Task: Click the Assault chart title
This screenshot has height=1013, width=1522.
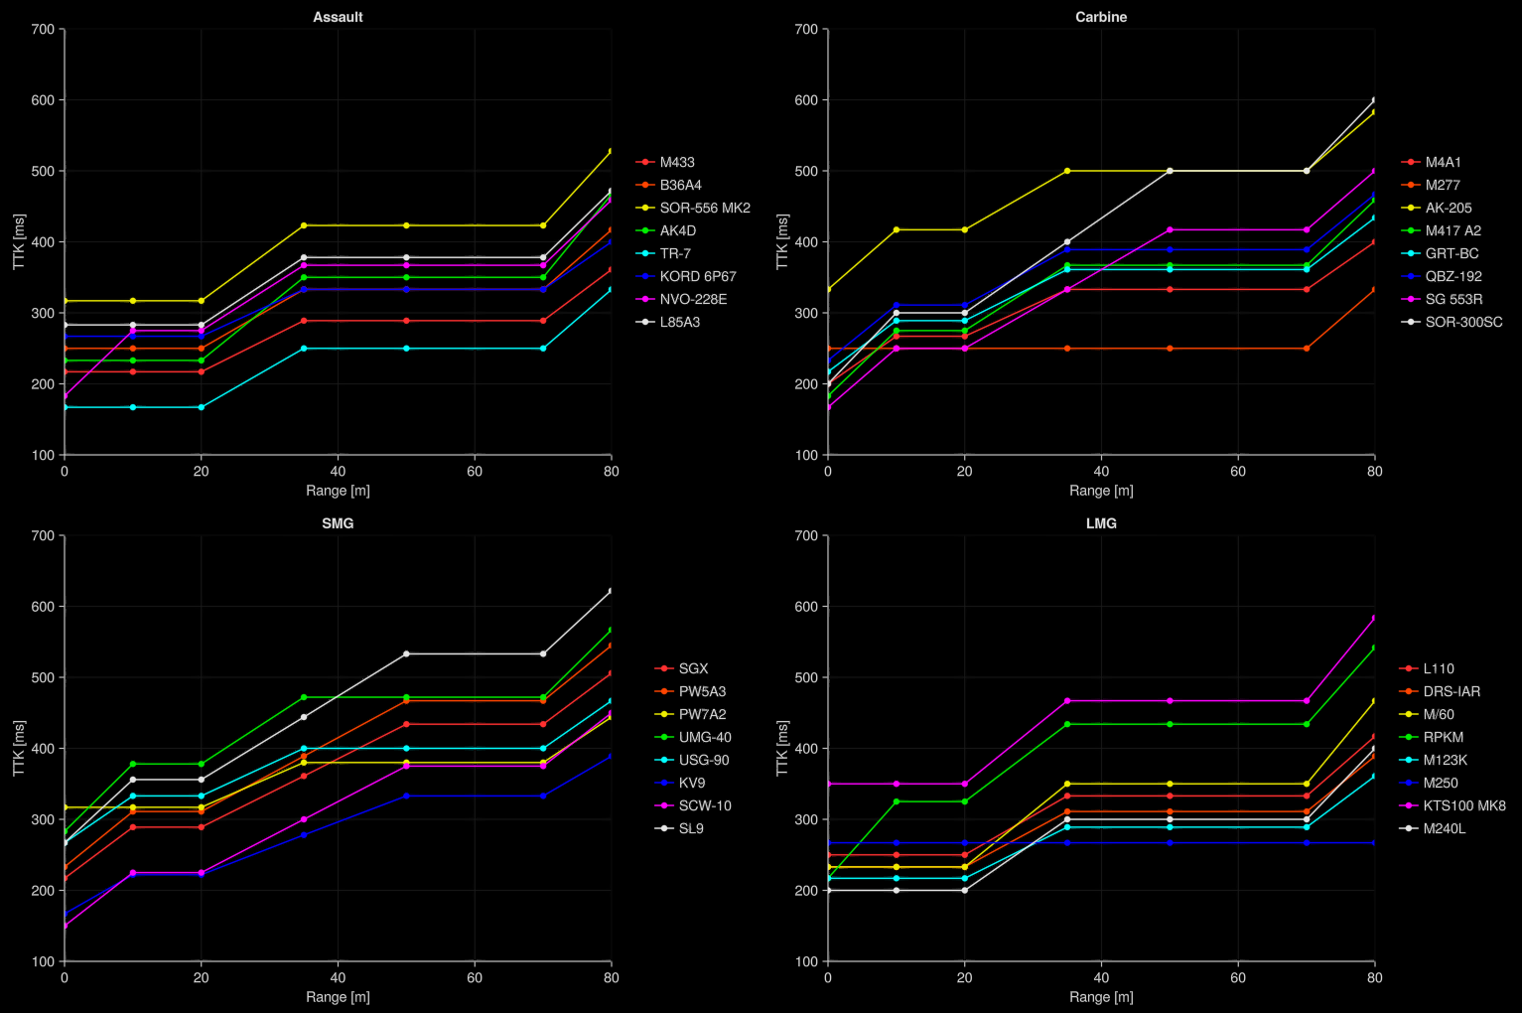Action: pyautogui.click(x=338, y=17)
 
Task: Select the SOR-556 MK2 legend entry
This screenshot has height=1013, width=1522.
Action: pyautogui.click(x=704, y=208)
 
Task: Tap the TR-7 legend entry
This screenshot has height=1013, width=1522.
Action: pyautogui.click(x=675, y=253)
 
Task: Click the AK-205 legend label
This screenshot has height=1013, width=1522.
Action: pyautogui.click(x=1448, y=208)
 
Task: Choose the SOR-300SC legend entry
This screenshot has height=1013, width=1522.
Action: pyautogui.click(x=1463, y=322)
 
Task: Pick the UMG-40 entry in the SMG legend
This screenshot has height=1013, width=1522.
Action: pyautogui.click(x=704, y=737)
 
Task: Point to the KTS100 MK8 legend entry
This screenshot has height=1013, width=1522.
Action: pyautogui.click(x=1463, y=805)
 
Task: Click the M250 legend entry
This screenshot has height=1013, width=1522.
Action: pyautogui.click(x=1440, y=783)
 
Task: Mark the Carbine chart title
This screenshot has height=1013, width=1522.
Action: pyautogui.click(x=1101, y=17)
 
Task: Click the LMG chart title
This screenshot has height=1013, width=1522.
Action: pyautogui.click(x=1101, y=523)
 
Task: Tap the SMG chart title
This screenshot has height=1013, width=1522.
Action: pyautogui.click(x=338, y=523)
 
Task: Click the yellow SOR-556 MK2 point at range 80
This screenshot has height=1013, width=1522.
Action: pyautogui.click(x=611, y=151)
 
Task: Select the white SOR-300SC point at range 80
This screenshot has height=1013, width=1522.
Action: pyautogui.click(x=1374, y=100)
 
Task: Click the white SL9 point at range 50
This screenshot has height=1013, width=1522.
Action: pyautogui.click(x=406, y=653)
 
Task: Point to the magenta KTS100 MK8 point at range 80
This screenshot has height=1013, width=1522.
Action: pyautogui.click(x=1374, y=618)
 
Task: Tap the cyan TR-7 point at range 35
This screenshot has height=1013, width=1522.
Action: pyautogui.click(x=304, y=349)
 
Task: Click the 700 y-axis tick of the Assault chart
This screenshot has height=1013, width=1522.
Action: pyautogui.click(x=43, y=30)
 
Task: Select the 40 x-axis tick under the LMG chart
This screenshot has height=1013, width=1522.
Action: pyautogui.click(x=1101, y=977)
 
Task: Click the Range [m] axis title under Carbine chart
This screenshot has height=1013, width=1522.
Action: pyautogui.click(x=1101, y=491)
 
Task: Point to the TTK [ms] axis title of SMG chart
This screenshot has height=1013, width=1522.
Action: pyautogui.click(x=19, y=748)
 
